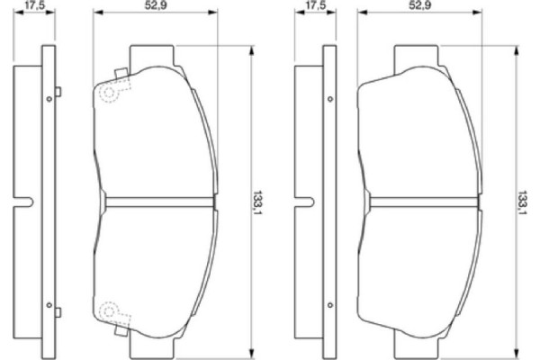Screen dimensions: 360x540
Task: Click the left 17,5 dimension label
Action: pos(34,6)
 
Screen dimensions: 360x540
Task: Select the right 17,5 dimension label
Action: pos(315,6)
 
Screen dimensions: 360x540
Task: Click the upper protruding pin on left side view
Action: pos(57,91)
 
